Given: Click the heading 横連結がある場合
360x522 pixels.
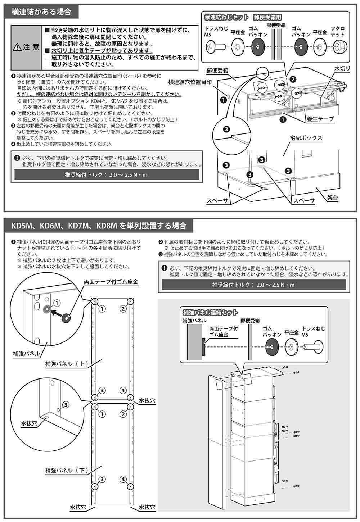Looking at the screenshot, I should tap(41, 12).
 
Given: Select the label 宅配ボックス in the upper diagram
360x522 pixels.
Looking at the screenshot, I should tap(306, 138).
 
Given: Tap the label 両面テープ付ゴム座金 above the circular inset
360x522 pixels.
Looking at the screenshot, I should tap(111, 282).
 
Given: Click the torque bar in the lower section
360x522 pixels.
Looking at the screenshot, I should tap(253, 285).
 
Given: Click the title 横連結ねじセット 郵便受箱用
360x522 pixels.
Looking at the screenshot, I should tap(242, 17).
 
